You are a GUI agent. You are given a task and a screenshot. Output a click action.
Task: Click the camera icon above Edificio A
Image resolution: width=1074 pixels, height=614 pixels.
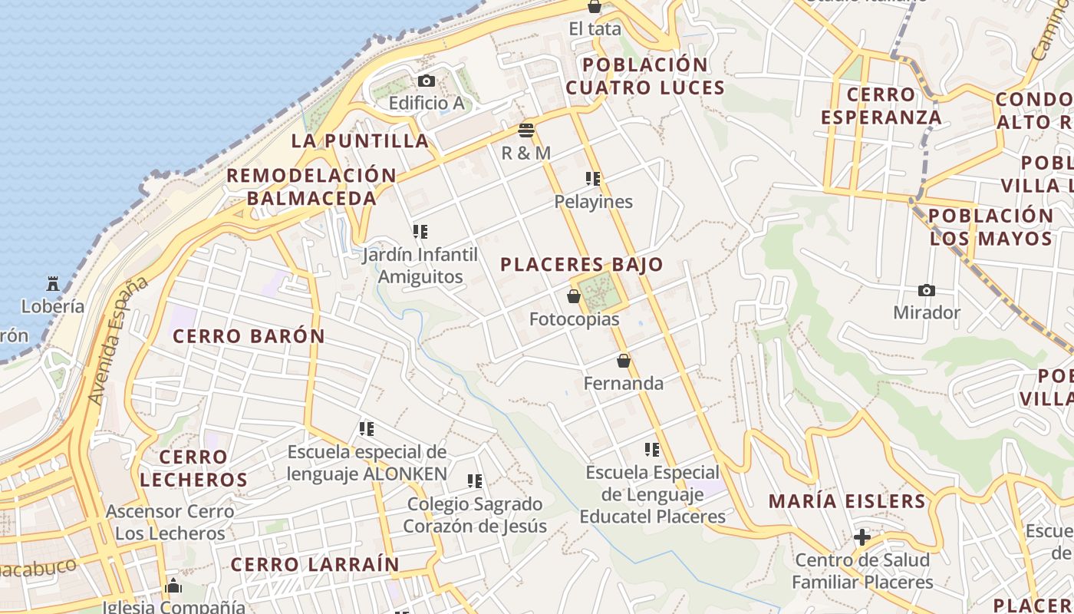(427, 81)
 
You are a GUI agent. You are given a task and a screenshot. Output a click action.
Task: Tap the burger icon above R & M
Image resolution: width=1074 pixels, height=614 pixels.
(526, 130)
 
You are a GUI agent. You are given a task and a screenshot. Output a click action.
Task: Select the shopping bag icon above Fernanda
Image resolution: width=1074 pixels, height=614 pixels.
(624, 360)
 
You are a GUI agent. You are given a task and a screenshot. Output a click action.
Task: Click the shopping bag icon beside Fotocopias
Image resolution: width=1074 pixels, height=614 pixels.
(574, 296)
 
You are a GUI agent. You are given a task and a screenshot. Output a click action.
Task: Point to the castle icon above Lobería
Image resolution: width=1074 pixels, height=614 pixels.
(52, 284)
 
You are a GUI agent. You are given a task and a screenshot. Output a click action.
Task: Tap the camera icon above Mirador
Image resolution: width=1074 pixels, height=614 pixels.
(927, 290)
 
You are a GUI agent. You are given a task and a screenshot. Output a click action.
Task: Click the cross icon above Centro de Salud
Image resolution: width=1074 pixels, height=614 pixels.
(862, 536)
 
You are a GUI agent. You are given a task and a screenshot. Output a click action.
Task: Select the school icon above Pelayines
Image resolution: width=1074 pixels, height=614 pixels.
(593, 179)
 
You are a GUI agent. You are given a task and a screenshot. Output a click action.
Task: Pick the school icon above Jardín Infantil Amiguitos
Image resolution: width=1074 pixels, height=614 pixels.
(420, 231)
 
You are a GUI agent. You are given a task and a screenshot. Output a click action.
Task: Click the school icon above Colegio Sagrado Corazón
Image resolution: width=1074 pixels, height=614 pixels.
(475, 481)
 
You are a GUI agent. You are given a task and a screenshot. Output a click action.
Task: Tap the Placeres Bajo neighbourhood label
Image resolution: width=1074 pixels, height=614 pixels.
(581, 265)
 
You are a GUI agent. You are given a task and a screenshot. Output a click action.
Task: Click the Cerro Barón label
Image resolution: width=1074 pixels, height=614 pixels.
(249, 336)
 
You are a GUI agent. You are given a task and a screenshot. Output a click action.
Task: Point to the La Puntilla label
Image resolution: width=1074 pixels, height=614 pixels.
(360, 141)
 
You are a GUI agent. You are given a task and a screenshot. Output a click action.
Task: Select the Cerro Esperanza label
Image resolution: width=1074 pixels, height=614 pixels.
(881, 106)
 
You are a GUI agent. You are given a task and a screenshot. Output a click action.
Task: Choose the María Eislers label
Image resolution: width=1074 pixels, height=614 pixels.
(847, 502)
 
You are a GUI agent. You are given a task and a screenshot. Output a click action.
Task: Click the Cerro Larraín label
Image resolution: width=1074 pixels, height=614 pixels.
(315, 565)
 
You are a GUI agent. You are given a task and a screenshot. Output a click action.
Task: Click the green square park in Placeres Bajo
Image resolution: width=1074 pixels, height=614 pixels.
(598, 292)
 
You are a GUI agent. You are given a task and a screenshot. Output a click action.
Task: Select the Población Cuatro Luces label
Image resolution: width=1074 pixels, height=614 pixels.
(645, 76)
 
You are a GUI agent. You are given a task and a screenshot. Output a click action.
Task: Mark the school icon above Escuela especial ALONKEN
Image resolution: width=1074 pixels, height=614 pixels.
(367, 428)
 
